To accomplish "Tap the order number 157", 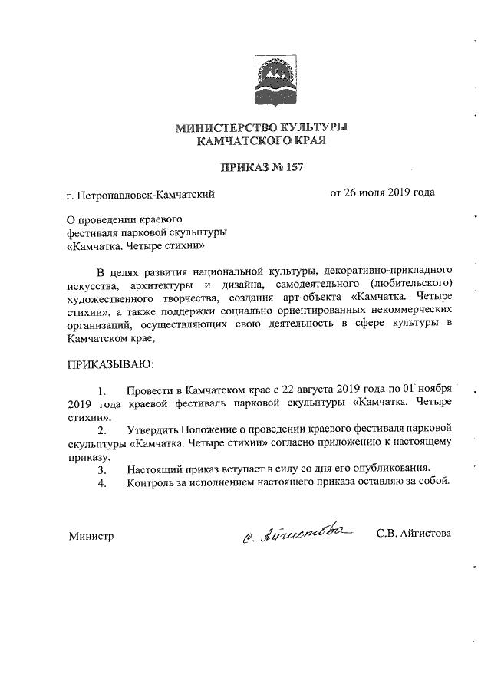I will pos(295,166).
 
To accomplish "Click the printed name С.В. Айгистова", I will pos(414,534).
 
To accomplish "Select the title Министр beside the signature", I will pos(91,537).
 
